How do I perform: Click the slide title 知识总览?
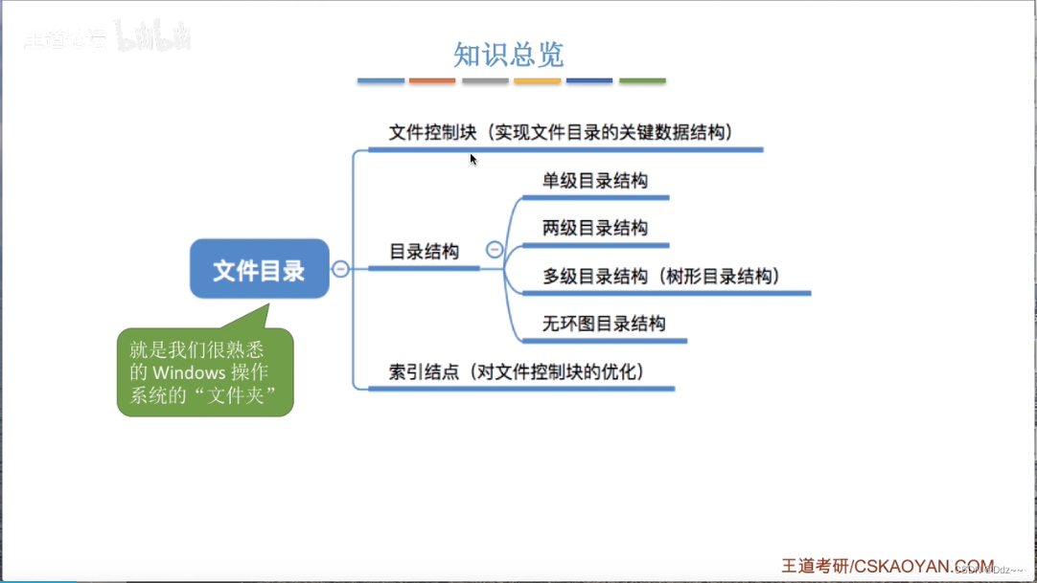click(508, 55)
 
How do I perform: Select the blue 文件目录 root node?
click(259, 269)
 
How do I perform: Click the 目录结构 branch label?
click(424, 252)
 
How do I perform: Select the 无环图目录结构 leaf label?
click(604, 324)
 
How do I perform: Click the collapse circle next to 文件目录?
click(340, 269)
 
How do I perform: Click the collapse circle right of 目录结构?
click(495, 250)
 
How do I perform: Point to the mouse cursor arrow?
click(472, 159)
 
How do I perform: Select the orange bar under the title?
click(432, 81)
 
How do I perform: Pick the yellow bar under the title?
click(537, 81)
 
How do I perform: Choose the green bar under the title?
click(642, 81)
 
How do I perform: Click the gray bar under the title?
click(485, 81)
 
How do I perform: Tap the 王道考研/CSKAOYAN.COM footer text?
click(888, 565)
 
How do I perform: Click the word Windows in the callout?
click(188, 371)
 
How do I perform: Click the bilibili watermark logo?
click(153, 38)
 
